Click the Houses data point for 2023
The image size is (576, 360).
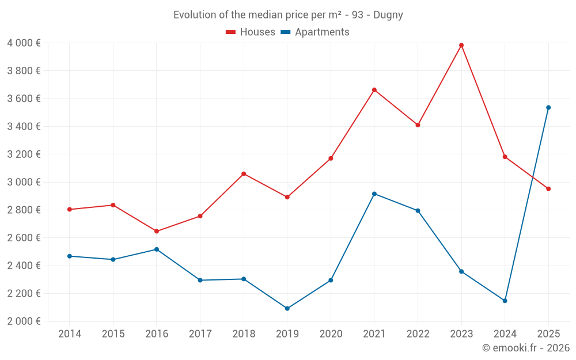461,45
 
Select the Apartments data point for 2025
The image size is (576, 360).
548,108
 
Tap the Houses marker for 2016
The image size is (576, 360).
157,231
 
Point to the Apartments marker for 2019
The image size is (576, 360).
287,308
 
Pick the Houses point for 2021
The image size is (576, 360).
374,90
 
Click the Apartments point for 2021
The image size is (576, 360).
374,194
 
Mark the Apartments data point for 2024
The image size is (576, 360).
505,301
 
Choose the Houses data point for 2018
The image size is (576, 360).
244,174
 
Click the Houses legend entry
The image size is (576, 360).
251,32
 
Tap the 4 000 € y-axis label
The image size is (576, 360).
24,43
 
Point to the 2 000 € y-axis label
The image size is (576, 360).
24,321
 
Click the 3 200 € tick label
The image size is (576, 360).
24,154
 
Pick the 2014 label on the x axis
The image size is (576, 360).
70,334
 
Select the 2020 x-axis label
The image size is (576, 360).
331,334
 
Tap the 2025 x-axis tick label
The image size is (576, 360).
548,334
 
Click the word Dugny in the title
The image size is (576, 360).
388,15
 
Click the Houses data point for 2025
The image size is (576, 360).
548,189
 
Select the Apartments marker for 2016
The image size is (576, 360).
157,249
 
